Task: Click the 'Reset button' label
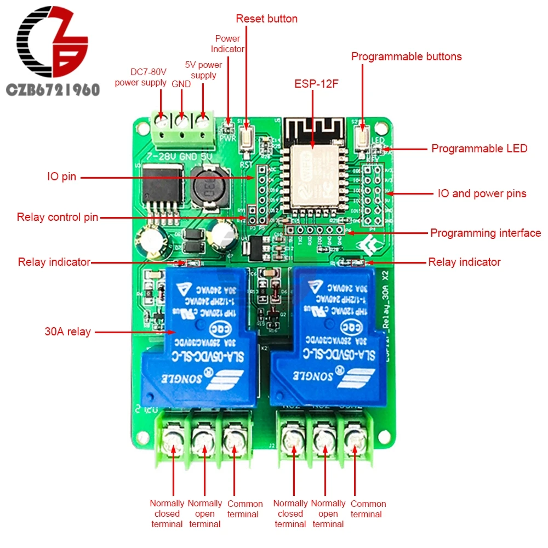266,19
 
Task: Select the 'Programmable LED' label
479,149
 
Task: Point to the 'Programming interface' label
486,233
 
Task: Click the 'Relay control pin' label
58,218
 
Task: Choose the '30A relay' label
67,332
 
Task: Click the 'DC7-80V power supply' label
141,77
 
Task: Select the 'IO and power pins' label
482,193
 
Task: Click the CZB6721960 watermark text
53,89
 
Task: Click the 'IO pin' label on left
61,177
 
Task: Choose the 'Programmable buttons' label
406,56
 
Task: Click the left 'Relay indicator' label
54,262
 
